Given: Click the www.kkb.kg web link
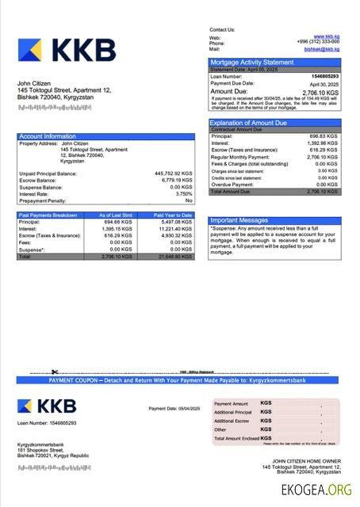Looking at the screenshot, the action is pyautogui.click(x=327, y=36).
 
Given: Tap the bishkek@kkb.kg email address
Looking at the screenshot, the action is pyautogui.click(x=322, y=49).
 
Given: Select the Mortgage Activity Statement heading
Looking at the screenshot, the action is pyautogui.click(x=251, y=62).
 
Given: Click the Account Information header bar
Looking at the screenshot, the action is pyautogui.click(x=48, y=136).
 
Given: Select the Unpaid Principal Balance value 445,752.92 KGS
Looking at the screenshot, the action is pyautogui.click(x=174, y=173).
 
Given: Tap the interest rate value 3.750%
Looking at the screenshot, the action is pyautogui.click(x=184, y=193).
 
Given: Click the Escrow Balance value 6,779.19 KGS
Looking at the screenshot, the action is pyautogui.click(x=176, y=180).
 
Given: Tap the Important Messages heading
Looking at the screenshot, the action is pyautogui.click(x=239, y=220).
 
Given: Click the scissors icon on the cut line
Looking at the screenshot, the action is pyautogui.click(x=55, y=372).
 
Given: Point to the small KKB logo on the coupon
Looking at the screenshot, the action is pyautogui.click(x=47, y=407).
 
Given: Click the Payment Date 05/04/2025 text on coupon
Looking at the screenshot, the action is pyautogui.click(x=174, y=408).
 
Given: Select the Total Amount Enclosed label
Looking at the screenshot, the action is pyautogui.click(x=236, y=439).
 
